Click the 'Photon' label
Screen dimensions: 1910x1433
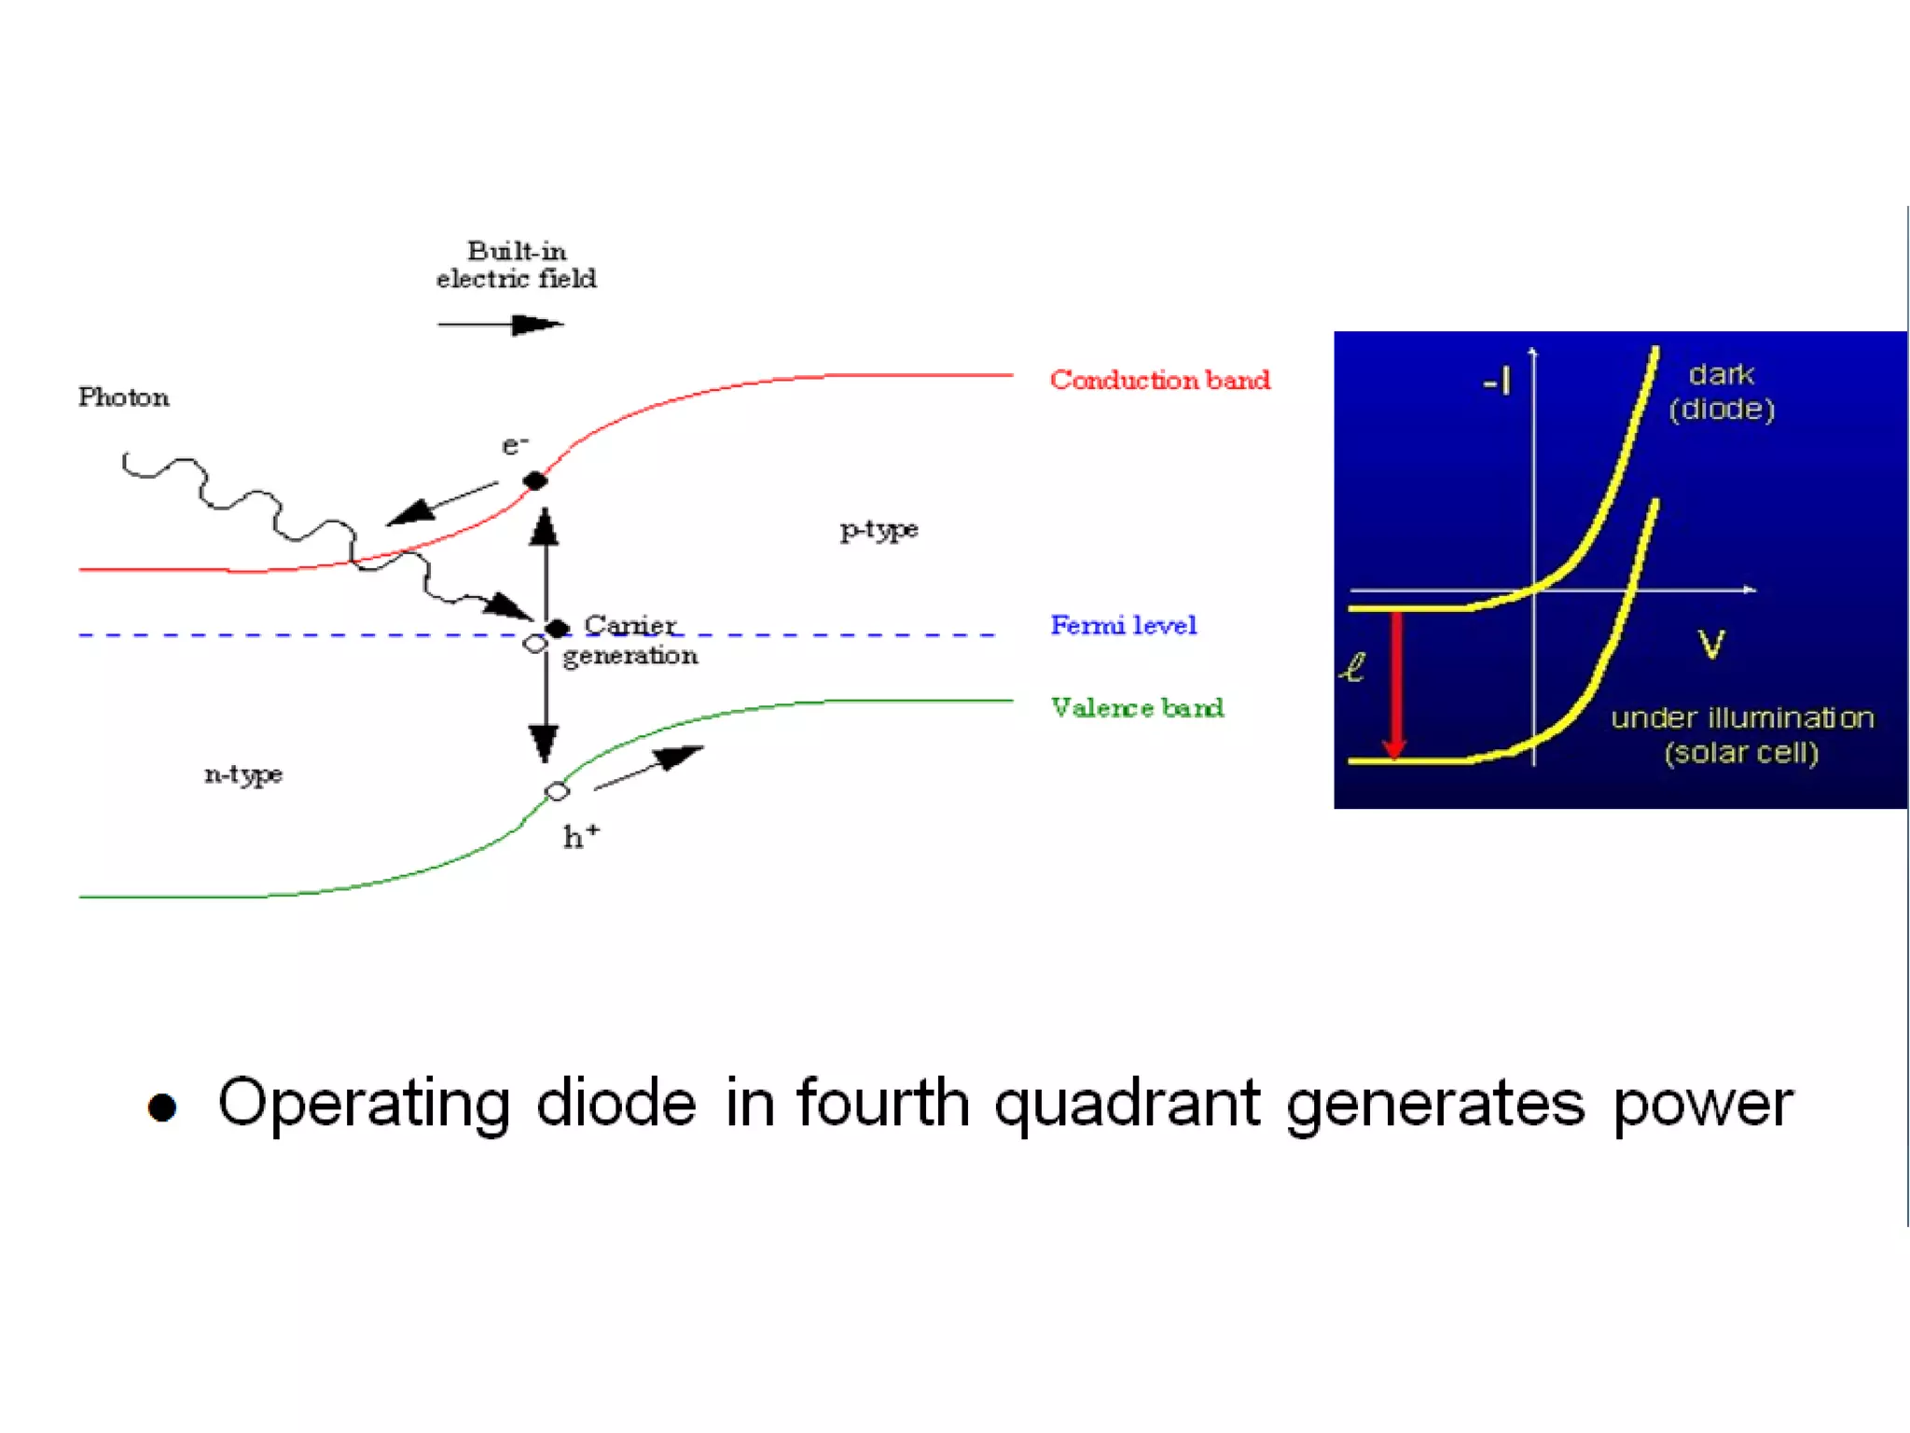(x=124, y=397)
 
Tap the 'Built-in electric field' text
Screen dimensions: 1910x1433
(x=516, y=265)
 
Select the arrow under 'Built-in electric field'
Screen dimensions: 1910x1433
(x=500, y=325)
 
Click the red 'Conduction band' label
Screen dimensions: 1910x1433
(x=1159, y=380)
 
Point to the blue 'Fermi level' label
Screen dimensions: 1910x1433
(x=1123, y=625)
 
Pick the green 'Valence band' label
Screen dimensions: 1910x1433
(x=1137, y=707)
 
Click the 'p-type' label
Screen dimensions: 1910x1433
(x=879, y=530)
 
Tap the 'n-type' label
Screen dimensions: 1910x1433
(x=242, y=774)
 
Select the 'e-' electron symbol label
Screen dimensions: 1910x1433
(x=515, y=445)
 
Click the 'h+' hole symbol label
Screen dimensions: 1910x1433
(x=580, y=836)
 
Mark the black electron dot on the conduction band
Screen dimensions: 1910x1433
(x=535, y=480)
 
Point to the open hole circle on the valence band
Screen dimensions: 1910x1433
(x=557, y=791)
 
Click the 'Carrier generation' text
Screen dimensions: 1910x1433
(x=630, y=640)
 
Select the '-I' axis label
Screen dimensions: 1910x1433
(x=1498, y=381)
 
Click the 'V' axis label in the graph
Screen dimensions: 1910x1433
(x=1711, y=644)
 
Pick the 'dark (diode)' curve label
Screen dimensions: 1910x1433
(x=1722, y=392)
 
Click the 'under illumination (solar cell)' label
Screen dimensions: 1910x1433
(x=1742, y=735)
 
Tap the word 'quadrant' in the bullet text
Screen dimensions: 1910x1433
(x=1128, y=1105)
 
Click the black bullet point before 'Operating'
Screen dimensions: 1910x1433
(x=162, y=1107)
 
